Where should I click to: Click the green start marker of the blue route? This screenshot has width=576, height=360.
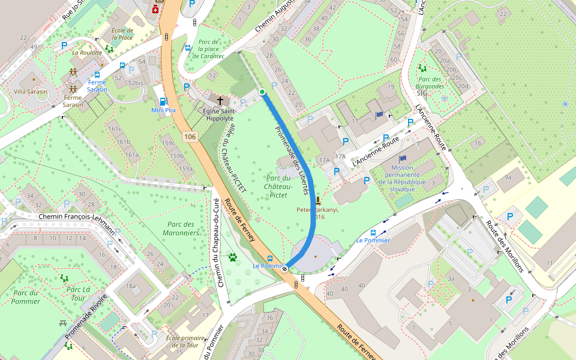click(x=262, y=91)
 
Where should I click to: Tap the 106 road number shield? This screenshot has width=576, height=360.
click(x=190, y=137)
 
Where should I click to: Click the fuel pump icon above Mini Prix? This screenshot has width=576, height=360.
click(x=163, y=101)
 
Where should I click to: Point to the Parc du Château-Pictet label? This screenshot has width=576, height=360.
click(x=277, y=186)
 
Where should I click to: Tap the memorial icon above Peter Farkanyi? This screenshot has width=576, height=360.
click(x=317, y=200)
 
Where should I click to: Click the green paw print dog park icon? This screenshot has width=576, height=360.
click(x=233, y=258)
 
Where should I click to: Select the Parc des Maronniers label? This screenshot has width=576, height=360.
click(x=180, y=228)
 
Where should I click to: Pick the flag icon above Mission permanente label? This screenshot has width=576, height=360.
click(x=402, y=158)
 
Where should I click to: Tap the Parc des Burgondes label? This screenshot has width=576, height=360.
click(x=430, y=83)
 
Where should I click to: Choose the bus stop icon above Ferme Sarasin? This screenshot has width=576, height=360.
click(x=97, y=75)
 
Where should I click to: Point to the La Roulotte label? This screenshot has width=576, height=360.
click(x=87, y=52)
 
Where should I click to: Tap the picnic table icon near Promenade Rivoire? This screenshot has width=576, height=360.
click(x=63, y=324)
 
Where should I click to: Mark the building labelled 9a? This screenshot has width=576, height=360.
click(x=508, y=177)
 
